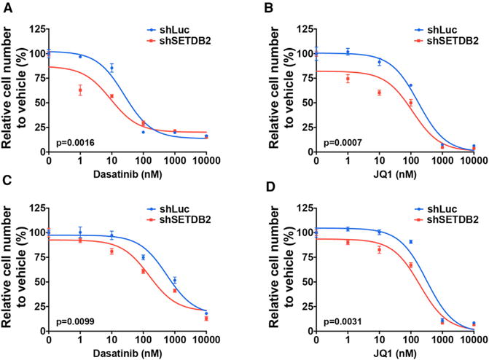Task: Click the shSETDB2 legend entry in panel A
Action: point(177,42)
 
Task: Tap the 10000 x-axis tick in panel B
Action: point(473,160)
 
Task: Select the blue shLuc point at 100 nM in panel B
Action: point(410,85)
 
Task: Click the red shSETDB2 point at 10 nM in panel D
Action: point(379,250)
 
